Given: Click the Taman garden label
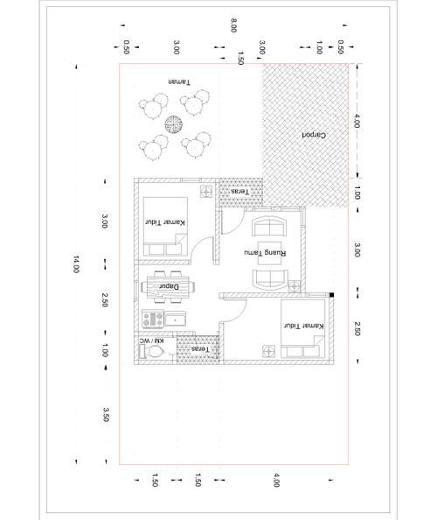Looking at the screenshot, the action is point(179,81).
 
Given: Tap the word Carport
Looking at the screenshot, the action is point(314,135).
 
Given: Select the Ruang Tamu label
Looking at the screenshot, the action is point(265,253).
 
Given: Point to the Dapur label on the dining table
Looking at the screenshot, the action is point(169,286).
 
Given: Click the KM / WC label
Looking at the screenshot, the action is point(151,341).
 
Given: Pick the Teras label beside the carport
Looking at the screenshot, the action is point(239,192).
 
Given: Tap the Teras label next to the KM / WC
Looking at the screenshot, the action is point(200,349).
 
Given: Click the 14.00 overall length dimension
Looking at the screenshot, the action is point(76,264).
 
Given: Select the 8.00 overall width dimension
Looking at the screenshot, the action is point(233,25).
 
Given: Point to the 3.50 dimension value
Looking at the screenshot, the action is point(106,415).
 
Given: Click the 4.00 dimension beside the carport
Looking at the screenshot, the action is point(357,121).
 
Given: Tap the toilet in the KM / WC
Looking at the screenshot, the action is point(155,351).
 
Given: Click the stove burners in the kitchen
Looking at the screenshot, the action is point(153,319).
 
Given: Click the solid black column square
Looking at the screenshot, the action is point(332,295).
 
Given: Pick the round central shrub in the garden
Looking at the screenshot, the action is point(173,124).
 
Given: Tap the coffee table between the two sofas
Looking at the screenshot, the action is point(269,253).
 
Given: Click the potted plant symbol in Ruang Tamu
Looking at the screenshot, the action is point(294,286).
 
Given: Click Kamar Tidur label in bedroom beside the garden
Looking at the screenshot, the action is point(165,221).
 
